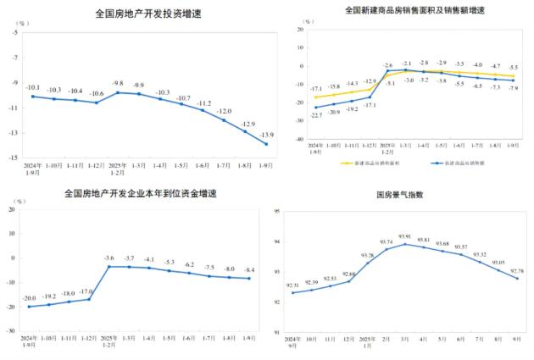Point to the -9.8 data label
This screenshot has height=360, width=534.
coord(118,83)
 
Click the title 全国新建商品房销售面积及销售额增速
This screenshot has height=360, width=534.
coord(414,10)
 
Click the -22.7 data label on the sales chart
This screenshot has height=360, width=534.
coord(315,115)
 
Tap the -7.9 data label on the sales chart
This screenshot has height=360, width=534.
coord(514,88)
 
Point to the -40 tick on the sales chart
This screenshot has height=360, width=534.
coord(299,138)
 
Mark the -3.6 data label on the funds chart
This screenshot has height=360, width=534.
coord(108,258)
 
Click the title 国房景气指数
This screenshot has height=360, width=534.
coord(399,195)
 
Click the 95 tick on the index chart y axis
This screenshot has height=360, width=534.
coord(276,212)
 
